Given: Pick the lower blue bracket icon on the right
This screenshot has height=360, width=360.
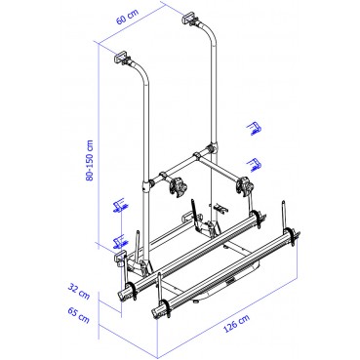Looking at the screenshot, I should pyautogui.click(x=253, y=162).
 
